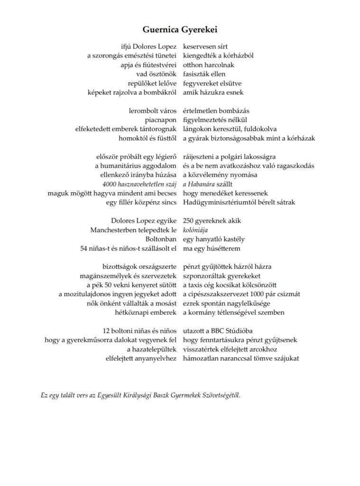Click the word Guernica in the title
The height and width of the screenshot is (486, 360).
[160, 29]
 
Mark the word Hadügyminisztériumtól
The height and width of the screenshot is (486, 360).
[219, 202]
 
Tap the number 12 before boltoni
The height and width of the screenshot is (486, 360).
[107, 330]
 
